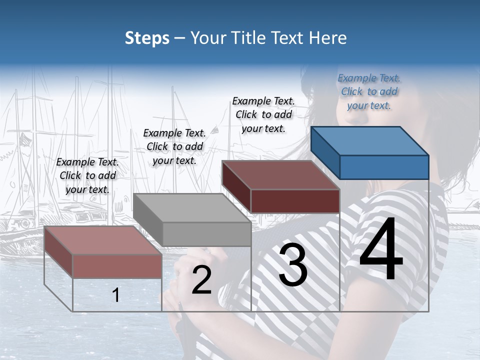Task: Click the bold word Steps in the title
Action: [x=147, y=38]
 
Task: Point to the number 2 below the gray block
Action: [x=201, y=280]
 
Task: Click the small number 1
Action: [x=116, y=295]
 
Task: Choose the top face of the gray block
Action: [x=192, y=207]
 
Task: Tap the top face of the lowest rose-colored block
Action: [x=103, y=240]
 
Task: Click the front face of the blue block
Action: [x=384, y=167]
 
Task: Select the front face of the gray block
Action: [x=206, y=234]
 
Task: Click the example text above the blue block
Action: [x=369, y=91]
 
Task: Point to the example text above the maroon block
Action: [x=263, y=114]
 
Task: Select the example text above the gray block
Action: [x=174, y=146]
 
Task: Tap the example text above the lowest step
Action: [x=87, y=175]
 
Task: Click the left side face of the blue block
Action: [x=325, y=153]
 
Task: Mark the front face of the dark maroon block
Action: [x=295, y=201]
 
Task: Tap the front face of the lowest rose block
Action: [x=117, y=266]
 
